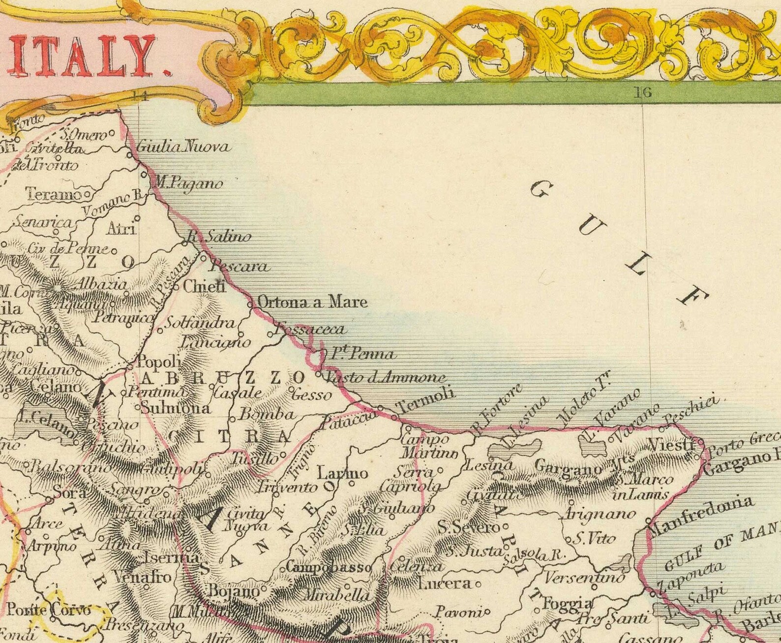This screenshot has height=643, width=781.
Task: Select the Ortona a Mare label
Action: [312, 301]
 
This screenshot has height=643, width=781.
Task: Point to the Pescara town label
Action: [240, 267]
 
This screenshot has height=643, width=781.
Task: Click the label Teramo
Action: [54, 194]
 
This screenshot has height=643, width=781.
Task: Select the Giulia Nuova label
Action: [182, 146]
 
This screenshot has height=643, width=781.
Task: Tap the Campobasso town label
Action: [329, 567]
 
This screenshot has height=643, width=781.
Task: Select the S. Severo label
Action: [468, 527]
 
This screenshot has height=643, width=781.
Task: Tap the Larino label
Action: [342, 473]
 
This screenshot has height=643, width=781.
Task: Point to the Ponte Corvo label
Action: [49, 610]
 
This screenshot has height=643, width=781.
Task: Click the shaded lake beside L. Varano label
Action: [593, 446]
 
